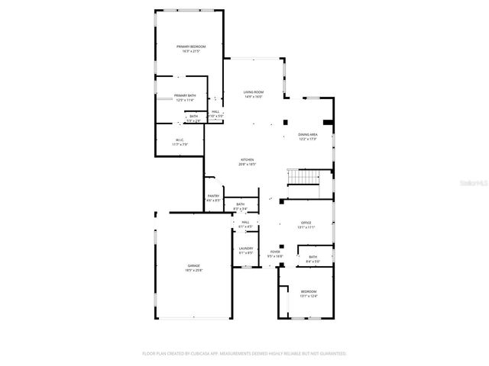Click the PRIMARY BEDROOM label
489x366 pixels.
(x=192, y=47)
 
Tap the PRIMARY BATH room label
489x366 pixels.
(x=185, y=95)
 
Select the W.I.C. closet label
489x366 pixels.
(x=179, y=139)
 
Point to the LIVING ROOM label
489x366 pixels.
(x=254, y=91)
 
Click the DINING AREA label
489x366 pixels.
(x=308, y=134)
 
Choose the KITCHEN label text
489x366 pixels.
(x=246, y=159)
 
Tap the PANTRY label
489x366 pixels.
(x=213, y=196)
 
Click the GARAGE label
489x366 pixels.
(x=194, y=265)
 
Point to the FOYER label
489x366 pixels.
(x=275, y=251)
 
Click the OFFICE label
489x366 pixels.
(x=306, y=223)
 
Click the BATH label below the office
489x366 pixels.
(x=313, y=257)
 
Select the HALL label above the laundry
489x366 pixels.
(x=245, y=222)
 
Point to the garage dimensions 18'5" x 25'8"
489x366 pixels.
(x=194, y=270)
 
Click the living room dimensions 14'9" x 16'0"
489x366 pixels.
(x=254, y=97)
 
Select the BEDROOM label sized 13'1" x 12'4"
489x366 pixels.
(x=309, y=291)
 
